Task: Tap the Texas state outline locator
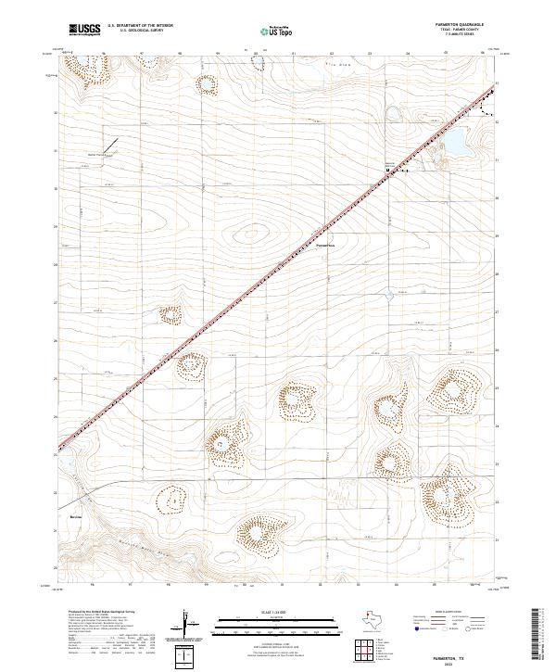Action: coord(376,619)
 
